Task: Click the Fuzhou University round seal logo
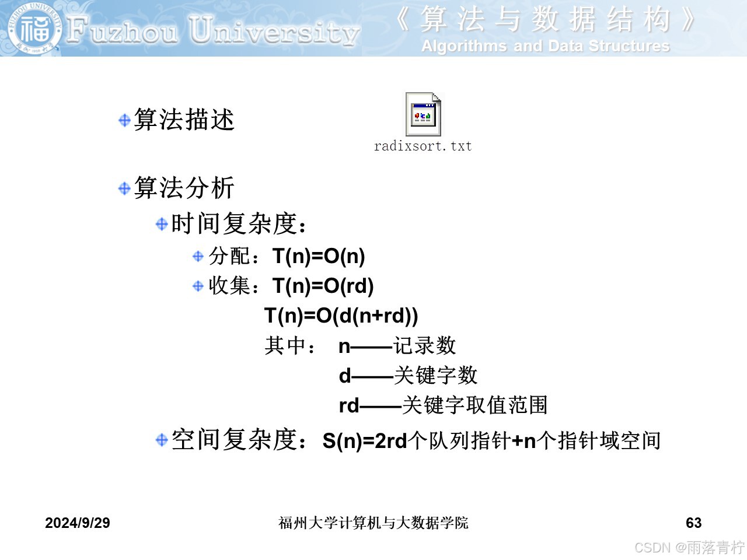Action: (x=35, y=29)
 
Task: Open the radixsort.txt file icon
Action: (x=423, y=114)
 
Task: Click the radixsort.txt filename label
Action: (x=423, y=146)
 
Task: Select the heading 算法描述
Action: (x=184, y=120)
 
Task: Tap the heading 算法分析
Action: (x=184, y=187)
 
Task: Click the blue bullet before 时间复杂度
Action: (x=162, y=224)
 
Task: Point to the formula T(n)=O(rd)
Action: (x=323, y=285)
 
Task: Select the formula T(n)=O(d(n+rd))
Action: (x=341, y=315)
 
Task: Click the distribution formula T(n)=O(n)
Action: (x=319, y=256)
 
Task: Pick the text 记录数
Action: (x=424, y=345)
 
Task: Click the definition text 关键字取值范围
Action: (x=474, y=405)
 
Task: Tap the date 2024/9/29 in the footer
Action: (x=78, y=523)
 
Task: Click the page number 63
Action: (x=693, y=523)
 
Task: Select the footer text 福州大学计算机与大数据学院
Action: (x=373, y=523)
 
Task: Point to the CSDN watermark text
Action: (x=690, y=548)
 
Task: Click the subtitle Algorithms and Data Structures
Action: (x=546, y=46)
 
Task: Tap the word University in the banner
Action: (x=274, y=32)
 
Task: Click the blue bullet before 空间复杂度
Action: (x=162, y=440)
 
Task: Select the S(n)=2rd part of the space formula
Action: (x=365, y=441)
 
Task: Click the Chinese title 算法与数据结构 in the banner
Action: (x=545, y=20)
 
